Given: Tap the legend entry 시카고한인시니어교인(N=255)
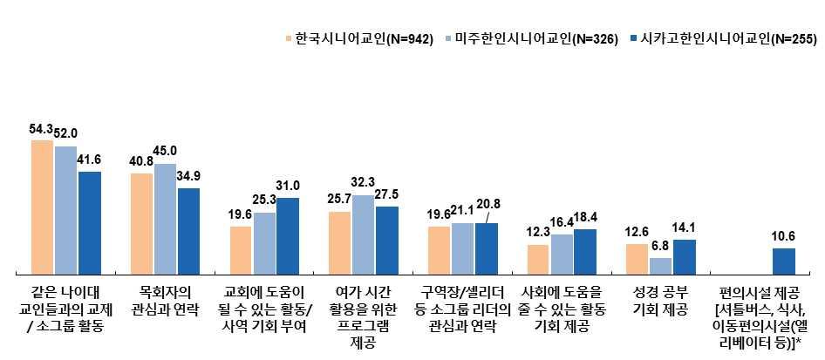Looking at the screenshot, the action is (724, 39).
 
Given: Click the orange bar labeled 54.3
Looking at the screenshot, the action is (42, 207).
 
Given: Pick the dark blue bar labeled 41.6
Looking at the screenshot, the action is (90, 223).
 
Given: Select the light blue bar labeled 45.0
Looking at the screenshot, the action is (165, 219).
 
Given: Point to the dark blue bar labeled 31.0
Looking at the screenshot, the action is (288, 236).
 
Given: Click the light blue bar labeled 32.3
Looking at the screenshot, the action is (364, 234).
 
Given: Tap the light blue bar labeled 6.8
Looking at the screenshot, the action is (660, 266).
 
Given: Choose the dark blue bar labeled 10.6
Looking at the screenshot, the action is (783, 262).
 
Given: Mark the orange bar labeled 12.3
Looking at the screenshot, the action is (538, 259).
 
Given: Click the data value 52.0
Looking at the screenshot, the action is (66, 133).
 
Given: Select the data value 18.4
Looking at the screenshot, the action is (585, 216).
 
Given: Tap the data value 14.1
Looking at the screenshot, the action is (684, 227).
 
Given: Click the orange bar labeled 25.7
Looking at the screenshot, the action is (339, 243).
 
